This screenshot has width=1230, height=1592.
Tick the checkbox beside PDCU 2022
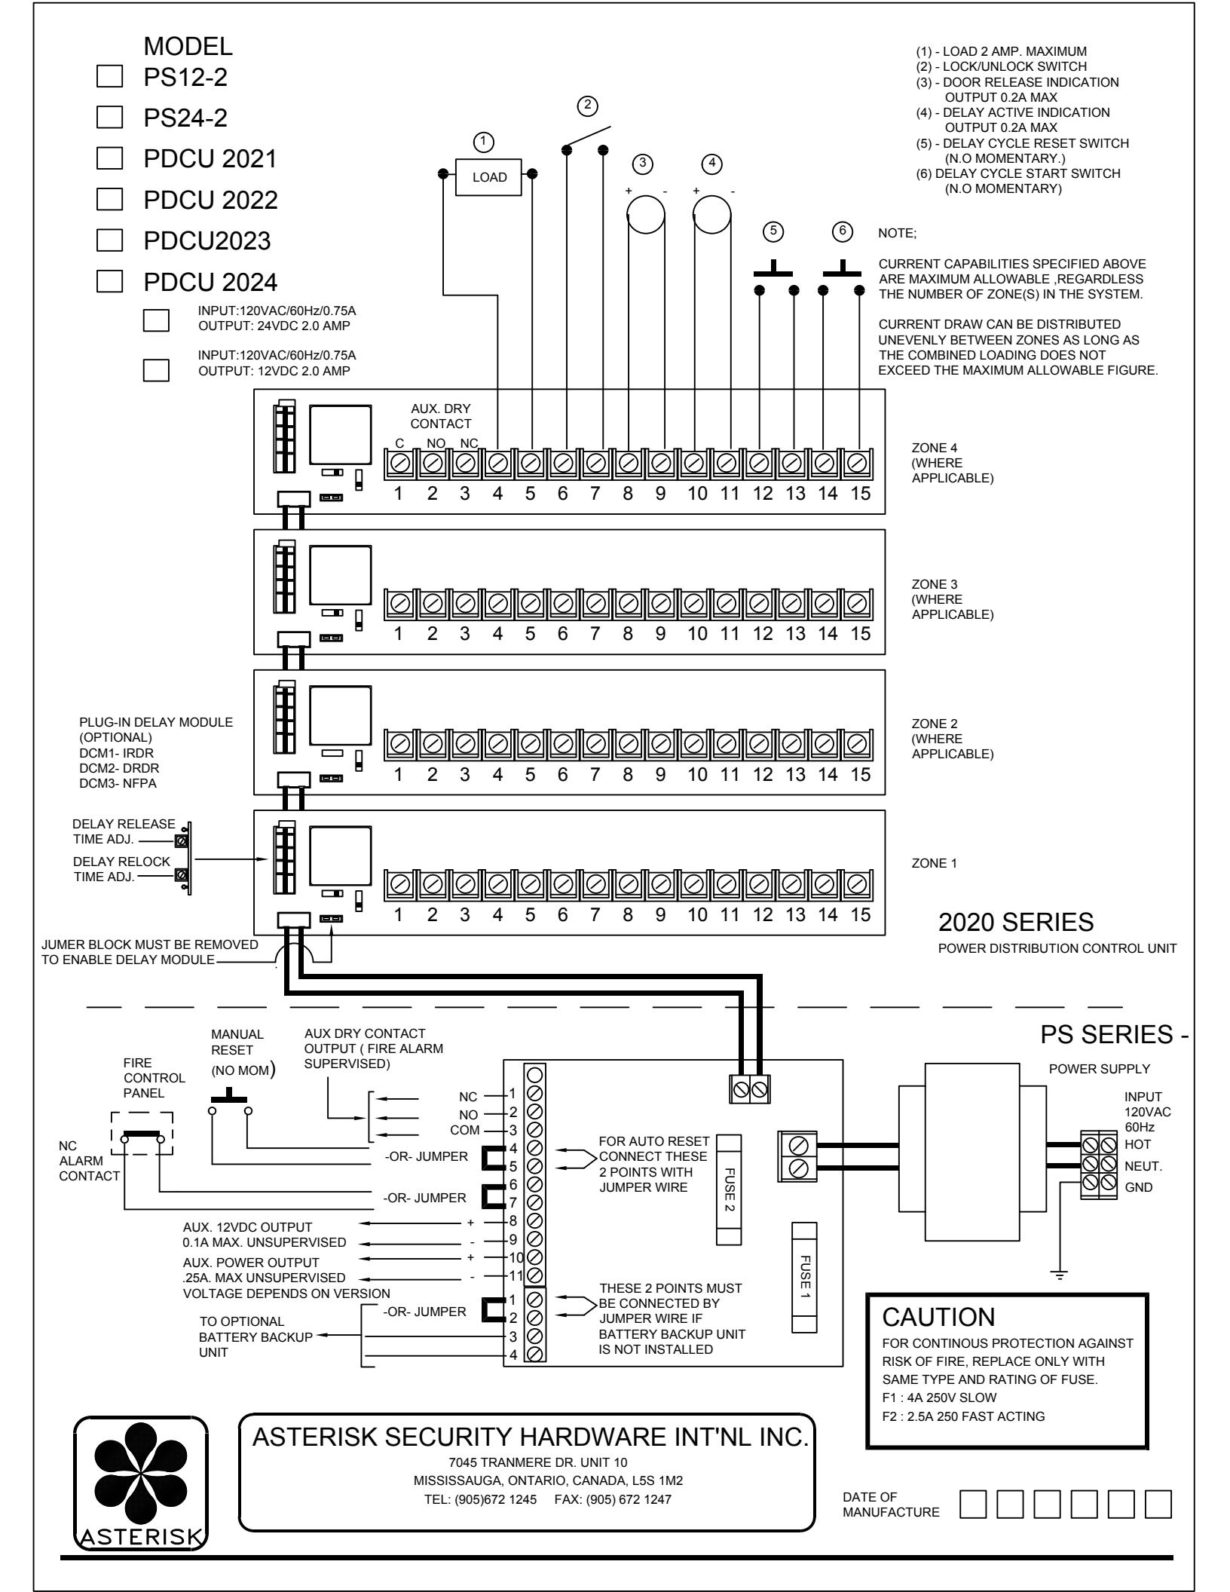point(110,200)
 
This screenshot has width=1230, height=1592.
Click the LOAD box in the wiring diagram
point(490,178)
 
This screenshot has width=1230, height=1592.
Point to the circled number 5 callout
point(773,231)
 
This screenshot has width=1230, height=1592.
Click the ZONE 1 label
point(934,864)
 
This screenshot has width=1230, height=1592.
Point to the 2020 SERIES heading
point(1016,922)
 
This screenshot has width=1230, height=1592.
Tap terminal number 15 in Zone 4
point(860,494)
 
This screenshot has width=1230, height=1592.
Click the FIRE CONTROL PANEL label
point(154,1077)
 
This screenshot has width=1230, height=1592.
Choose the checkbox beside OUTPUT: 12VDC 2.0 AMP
point(156,371)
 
